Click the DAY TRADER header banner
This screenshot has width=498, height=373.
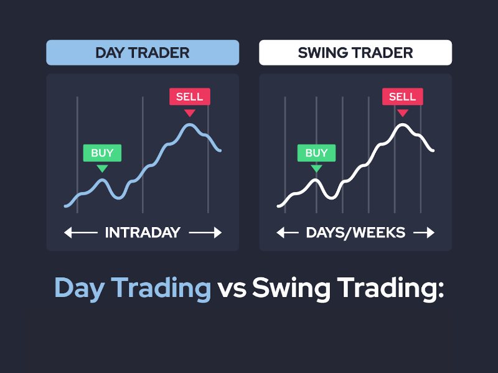pos(143,53)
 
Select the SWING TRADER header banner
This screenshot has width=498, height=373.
pos(355,53)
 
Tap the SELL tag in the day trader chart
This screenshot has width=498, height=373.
pos(190,96)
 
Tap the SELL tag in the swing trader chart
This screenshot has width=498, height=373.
pos(402,96)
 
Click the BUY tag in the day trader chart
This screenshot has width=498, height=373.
pos(102,153)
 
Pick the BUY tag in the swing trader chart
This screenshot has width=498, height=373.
pos(316,153)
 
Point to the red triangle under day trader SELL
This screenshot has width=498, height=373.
pos(190,113)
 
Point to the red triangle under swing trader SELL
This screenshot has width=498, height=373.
pos(402,113)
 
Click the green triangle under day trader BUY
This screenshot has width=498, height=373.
pos(102,168)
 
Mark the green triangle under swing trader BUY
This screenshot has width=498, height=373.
pos(316,168)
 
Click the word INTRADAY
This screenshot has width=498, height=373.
pos(143,233)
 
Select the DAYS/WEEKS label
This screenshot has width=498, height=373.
pos(355,233)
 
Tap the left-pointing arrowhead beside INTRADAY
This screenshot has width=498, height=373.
pos(68,233)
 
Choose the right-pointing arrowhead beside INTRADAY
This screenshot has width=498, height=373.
pos(218,233)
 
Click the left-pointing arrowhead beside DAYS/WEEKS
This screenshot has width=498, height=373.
pos(281,233)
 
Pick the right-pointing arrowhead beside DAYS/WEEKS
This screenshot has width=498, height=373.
pos(431,233)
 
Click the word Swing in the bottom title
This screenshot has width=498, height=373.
pos(291,288)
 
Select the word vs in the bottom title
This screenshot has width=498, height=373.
pos(232,290)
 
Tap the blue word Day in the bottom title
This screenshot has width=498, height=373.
pos(80,288)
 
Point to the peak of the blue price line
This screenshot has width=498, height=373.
pos(190,125)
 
